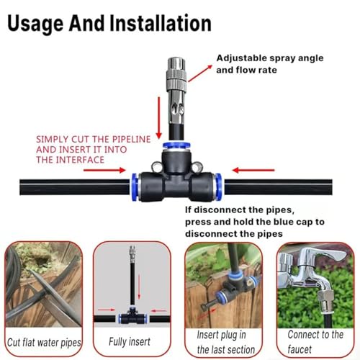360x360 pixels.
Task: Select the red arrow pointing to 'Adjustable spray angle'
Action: [x=200, y=73]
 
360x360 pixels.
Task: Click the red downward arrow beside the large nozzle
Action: [x=158, y=117]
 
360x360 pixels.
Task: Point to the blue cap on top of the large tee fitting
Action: [x=176, y=145]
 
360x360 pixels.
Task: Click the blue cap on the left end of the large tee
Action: [x=135, y=186]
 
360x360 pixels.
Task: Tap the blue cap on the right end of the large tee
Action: [x=218, y=186]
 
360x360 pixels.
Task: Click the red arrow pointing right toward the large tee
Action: [x=104, y=170]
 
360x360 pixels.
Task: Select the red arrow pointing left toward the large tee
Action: [x=253, y=170]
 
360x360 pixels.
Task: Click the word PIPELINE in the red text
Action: [x=131, y=139]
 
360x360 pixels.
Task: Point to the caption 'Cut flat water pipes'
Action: [x=44, y=343]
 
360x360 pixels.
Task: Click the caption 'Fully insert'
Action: [x=130, y=341]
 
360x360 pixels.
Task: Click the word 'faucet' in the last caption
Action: [x=300, y=349]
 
